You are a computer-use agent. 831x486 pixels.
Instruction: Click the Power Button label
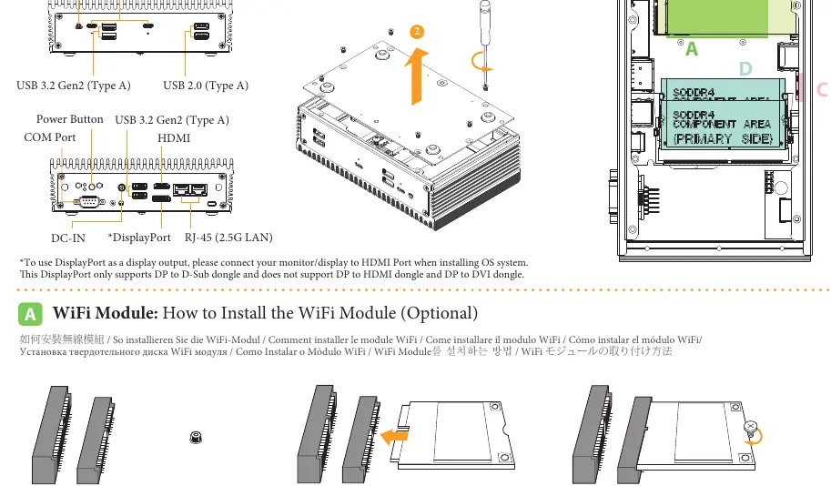click(69, 119)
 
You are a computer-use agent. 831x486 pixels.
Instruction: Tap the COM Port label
click(50, 137)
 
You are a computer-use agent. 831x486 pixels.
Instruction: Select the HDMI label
click(174, 137)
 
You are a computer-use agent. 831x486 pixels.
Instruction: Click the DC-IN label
click(68, 238)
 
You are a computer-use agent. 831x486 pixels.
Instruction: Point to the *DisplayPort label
click(139, 238)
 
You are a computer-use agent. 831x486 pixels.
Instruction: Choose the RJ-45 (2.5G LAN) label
click(228, 238)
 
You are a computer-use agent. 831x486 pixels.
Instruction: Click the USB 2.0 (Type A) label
click(206, 86)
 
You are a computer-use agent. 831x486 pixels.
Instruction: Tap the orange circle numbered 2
click(417, 32)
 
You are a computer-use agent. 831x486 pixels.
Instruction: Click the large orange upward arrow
click(417, 76)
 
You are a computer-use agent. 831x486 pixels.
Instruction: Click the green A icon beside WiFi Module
click(30, 314)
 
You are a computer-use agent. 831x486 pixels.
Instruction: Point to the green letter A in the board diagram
click(692, 49)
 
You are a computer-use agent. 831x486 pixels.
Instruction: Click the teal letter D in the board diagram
click(745, 69)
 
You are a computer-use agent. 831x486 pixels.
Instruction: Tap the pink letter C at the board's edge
click(823, 89)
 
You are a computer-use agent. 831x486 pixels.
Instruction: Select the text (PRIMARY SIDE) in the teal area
click(723, 139)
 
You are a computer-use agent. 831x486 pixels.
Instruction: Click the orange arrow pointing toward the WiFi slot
click(394, 437)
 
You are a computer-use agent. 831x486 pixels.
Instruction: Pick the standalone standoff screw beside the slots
click(196, 438)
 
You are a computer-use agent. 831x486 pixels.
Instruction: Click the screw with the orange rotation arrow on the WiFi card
click(750, 427)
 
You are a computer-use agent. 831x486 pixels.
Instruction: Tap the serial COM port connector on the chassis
click(89, 201)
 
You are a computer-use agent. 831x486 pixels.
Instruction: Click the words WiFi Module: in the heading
click(106, 313)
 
